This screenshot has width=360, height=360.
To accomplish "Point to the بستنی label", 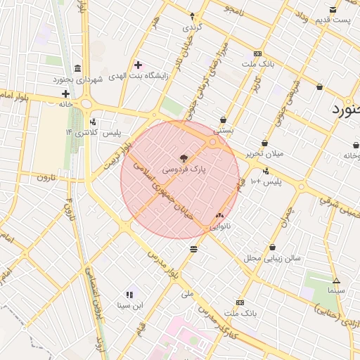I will coord(224,130).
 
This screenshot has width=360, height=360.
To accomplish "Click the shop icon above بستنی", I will coord(224,120).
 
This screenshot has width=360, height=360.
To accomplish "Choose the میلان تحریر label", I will coord(263,153).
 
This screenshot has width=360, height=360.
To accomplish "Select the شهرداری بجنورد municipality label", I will coord(77,80).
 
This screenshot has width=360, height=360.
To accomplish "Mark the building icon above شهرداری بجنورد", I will coord(77,69).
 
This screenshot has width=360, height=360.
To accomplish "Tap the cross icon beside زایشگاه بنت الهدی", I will coord(138,65).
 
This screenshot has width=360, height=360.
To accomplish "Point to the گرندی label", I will coord(191,27).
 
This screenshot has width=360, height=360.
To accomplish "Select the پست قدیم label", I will coord(332,20).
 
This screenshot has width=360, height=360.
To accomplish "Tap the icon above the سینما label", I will coord(336,280).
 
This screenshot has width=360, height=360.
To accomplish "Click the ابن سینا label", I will coord(129,305).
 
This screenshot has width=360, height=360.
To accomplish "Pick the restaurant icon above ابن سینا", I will coord(129,295).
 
